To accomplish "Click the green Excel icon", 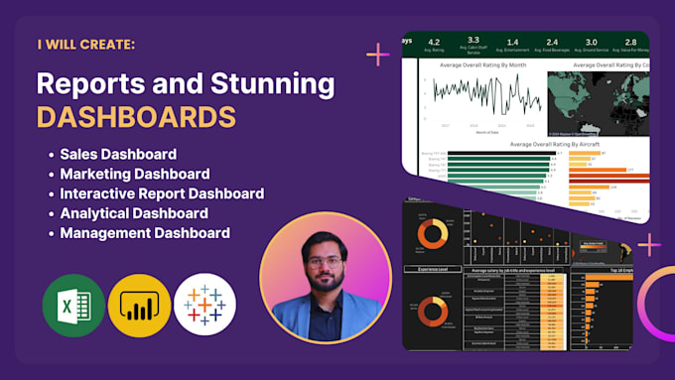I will [x=73, y=305].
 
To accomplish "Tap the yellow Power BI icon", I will [x=139, y=305].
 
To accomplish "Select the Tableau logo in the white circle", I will [x=204, y=305].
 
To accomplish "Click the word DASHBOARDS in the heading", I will [x=136, y=116].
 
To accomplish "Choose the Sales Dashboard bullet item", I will [x=118, y=154].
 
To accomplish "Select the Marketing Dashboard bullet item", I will [x=134, y=174].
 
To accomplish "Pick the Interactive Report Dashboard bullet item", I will [x=162, y=193].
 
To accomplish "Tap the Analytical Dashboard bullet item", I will [x=134, y=213].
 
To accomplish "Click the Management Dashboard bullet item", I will [x=145, y=233].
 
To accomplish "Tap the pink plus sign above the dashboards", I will [x=378, y=54].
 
